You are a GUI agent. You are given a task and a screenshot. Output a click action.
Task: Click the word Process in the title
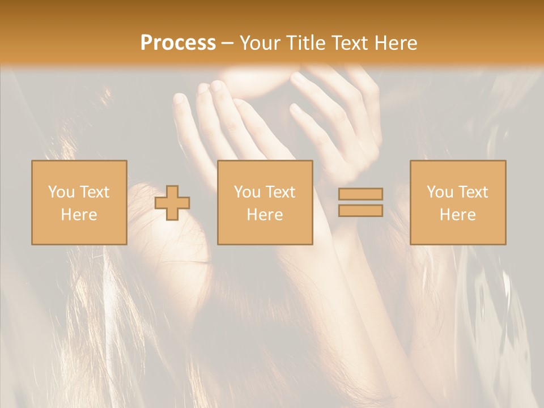pos(178,43)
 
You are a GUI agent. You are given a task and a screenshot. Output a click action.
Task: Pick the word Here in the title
pos(396,43)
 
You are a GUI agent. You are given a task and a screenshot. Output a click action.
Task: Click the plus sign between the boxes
pos(172,203)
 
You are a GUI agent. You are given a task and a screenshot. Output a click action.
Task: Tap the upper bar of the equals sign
pos(360,194)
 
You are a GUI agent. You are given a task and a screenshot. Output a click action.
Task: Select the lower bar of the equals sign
pos(360,211)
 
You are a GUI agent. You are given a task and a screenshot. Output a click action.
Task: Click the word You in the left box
pos(61,192)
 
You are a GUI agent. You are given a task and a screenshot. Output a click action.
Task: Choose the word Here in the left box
pos(79,215)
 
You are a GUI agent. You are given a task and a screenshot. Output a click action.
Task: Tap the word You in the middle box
pos(246,192)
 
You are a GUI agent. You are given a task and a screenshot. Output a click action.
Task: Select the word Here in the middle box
pos(265,215)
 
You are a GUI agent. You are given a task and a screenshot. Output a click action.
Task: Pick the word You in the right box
pos(439,192)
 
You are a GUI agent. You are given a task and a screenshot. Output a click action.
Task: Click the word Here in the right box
pos(457,215)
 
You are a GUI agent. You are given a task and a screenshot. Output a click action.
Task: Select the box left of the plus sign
pos(79,232)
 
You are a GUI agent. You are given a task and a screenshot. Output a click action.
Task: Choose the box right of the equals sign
pos(457,232)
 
